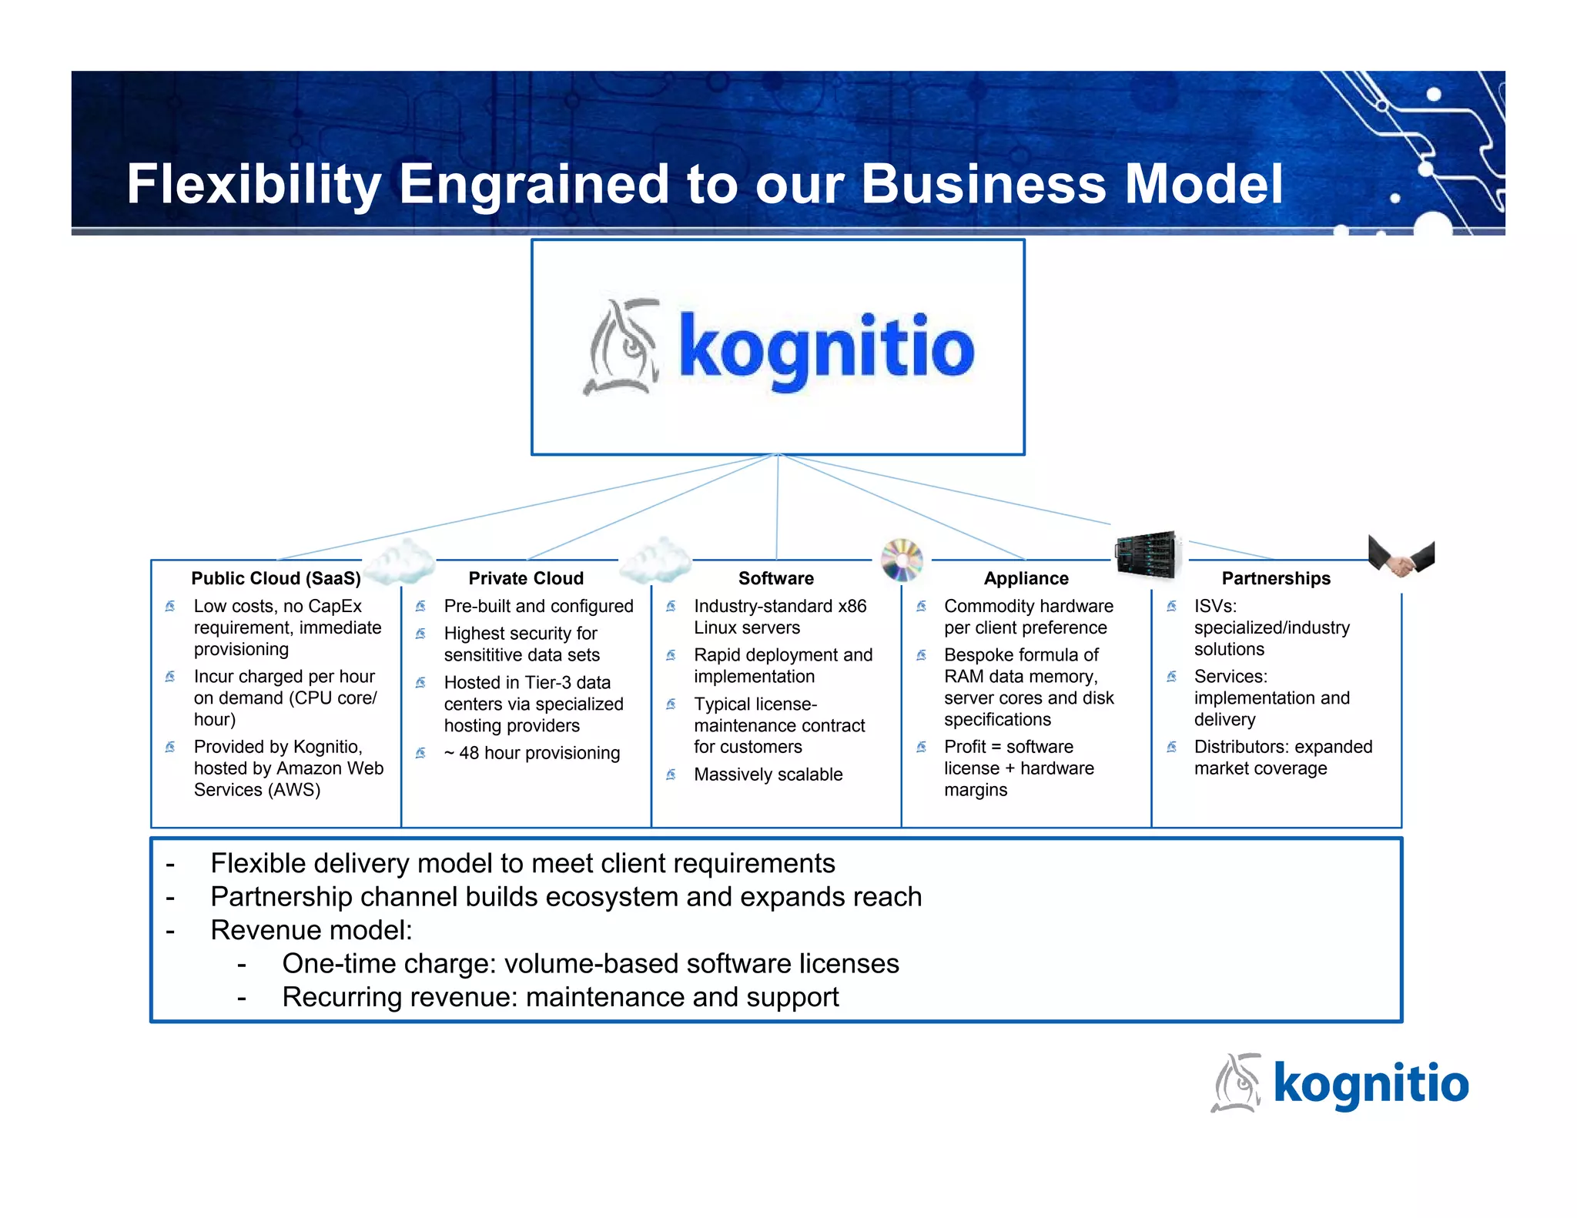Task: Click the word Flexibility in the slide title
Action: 253,185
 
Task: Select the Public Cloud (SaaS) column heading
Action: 276,578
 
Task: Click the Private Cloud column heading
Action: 526,578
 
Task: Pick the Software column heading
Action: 775,578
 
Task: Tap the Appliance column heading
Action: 1026,578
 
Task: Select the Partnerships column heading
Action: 1275,578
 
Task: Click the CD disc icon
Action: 902,560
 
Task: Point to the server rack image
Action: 1147,554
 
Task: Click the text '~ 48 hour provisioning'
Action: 531,753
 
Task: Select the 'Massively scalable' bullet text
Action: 768,775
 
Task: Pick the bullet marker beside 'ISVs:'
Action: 1171,607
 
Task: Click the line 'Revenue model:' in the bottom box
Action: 311,930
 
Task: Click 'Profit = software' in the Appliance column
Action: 1008,747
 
